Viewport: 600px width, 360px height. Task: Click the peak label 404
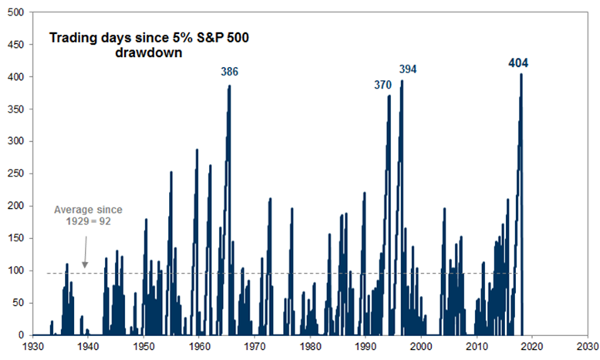coord(518,62)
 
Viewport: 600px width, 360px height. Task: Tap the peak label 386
coord(229,72)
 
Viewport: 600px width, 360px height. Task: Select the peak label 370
coord(383,85)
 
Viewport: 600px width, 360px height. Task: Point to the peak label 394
coord(407,69)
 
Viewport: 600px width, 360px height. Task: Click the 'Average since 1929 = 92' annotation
coord(88,215)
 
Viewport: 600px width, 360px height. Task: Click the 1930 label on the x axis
coord(32,348)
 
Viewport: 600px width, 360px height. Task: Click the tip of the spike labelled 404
coord(521,74)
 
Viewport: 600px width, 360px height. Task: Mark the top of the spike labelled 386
coord(230,86)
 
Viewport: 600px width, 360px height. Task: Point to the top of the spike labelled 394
coord(403,81)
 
